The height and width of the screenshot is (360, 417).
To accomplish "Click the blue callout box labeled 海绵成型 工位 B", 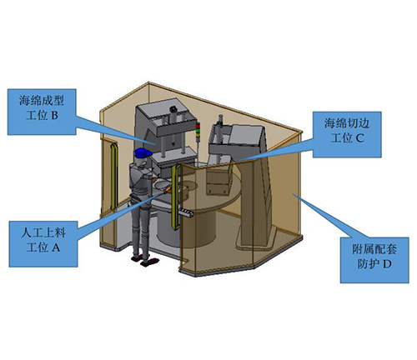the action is tap(42, 112).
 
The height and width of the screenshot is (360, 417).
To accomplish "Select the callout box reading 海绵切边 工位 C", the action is tap(347, 135).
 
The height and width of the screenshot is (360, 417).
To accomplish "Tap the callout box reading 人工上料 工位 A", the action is tap(43, 244).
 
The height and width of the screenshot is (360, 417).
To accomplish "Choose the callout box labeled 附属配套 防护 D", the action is tap(374, 260).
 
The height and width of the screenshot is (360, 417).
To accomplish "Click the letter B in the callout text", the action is tap(54, 116).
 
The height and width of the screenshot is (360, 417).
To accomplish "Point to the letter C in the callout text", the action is tap(359, 138).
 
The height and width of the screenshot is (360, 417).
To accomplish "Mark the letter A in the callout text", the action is tap(56, 247).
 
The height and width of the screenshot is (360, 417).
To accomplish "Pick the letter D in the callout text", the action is tap(387, 264).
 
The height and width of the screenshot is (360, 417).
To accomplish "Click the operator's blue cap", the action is tap(143, 153).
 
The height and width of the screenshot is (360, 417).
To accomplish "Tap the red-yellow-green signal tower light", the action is tap(198, 131).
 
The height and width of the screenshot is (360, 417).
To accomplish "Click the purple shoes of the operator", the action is tap(145, 261).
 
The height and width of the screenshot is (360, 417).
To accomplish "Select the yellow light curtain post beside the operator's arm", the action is tap(175, 198).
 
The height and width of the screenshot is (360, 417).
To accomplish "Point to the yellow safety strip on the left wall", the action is tap(113, 176).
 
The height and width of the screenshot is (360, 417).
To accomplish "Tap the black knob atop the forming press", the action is tap(174, 108).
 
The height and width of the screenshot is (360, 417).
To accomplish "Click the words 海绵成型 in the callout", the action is tap(42, 101).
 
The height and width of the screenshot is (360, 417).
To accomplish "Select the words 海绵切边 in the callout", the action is tap(347, 123).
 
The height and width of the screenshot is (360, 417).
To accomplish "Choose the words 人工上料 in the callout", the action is tap(43, 232).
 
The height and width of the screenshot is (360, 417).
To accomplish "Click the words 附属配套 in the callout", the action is tap(374, 249).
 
